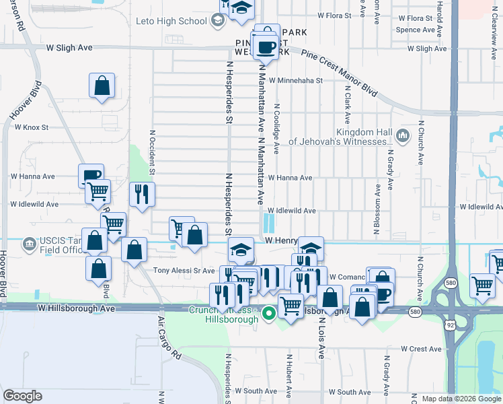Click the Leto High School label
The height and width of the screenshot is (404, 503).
pos(171,21)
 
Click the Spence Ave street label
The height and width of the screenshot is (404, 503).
pos(415,30)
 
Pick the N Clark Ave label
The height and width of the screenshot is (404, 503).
pos(348,104)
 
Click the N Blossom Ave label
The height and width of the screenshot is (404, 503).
pos(377,188)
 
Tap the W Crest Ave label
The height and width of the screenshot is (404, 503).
pos(421,349)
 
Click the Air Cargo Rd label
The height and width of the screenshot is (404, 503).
pos(169,337)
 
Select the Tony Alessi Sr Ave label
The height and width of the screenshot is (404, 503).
pos(183,270)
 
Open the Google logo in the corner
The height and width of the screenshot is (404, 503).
pos(22,396)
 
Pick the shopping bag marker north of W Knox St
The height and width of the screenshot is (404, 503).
pos(102,86)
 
